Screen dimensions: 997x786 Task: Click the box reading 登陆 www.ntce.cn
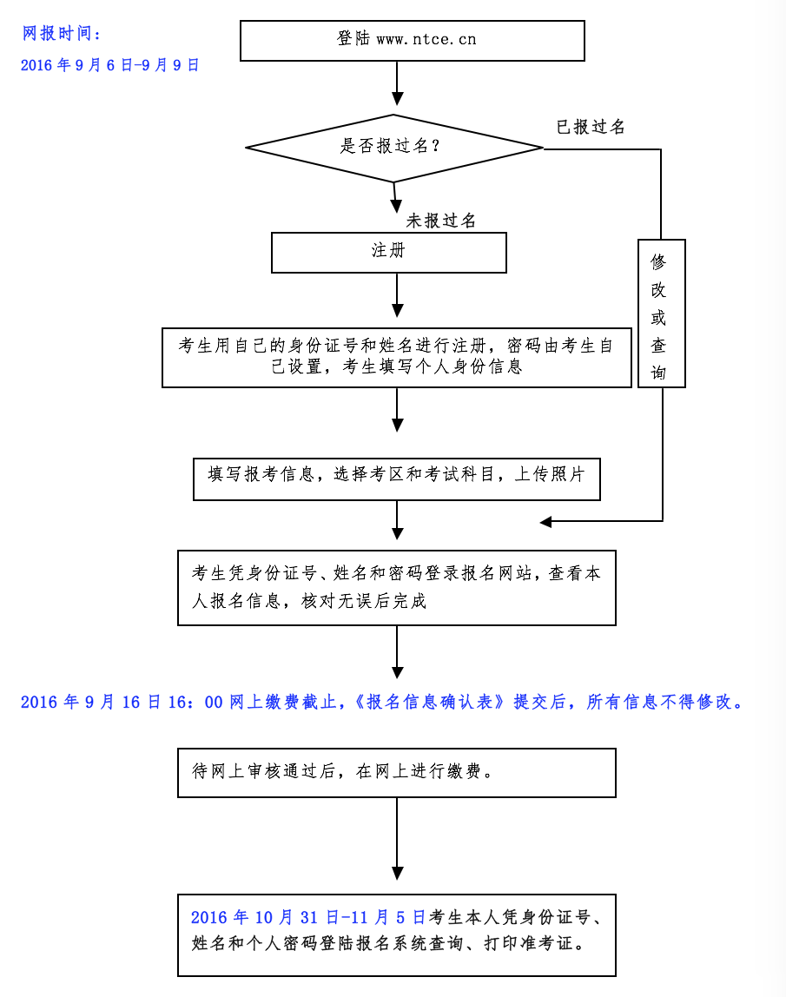(412, 40)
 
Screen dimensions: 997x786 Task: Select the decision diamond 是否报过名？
(394, 148)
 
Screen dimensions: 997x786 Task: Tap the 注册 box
(388, 252)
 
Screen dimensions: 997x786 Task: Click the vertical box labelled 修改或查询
(661, 314)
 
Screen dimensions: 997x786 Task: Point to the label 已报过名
(591, 128)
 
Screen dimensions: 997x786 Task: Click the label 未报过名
(441, 221)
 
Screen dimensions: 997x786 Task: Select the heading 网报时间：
(62, 35)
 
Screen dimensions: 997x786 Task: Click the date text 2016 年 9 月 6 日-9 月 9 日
(110, 65)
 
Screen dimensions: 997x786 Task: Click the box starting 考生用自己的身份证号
(396, 357)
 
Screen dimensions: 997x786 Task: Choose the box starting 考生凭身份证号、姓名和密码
(396, 587)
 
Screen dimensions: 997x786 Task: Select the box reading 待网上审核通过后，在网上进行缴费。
(396, 772)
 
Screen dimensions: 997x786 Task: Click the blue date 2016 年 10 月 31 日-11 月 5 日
(308, 918)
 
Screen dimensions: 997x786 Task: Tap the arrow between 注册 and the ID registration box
(398, 296)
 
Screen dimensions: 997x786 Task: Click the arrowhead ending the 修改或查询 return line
(546, 522)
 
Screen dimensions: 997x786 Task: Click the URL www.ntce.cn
(426, 40)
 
